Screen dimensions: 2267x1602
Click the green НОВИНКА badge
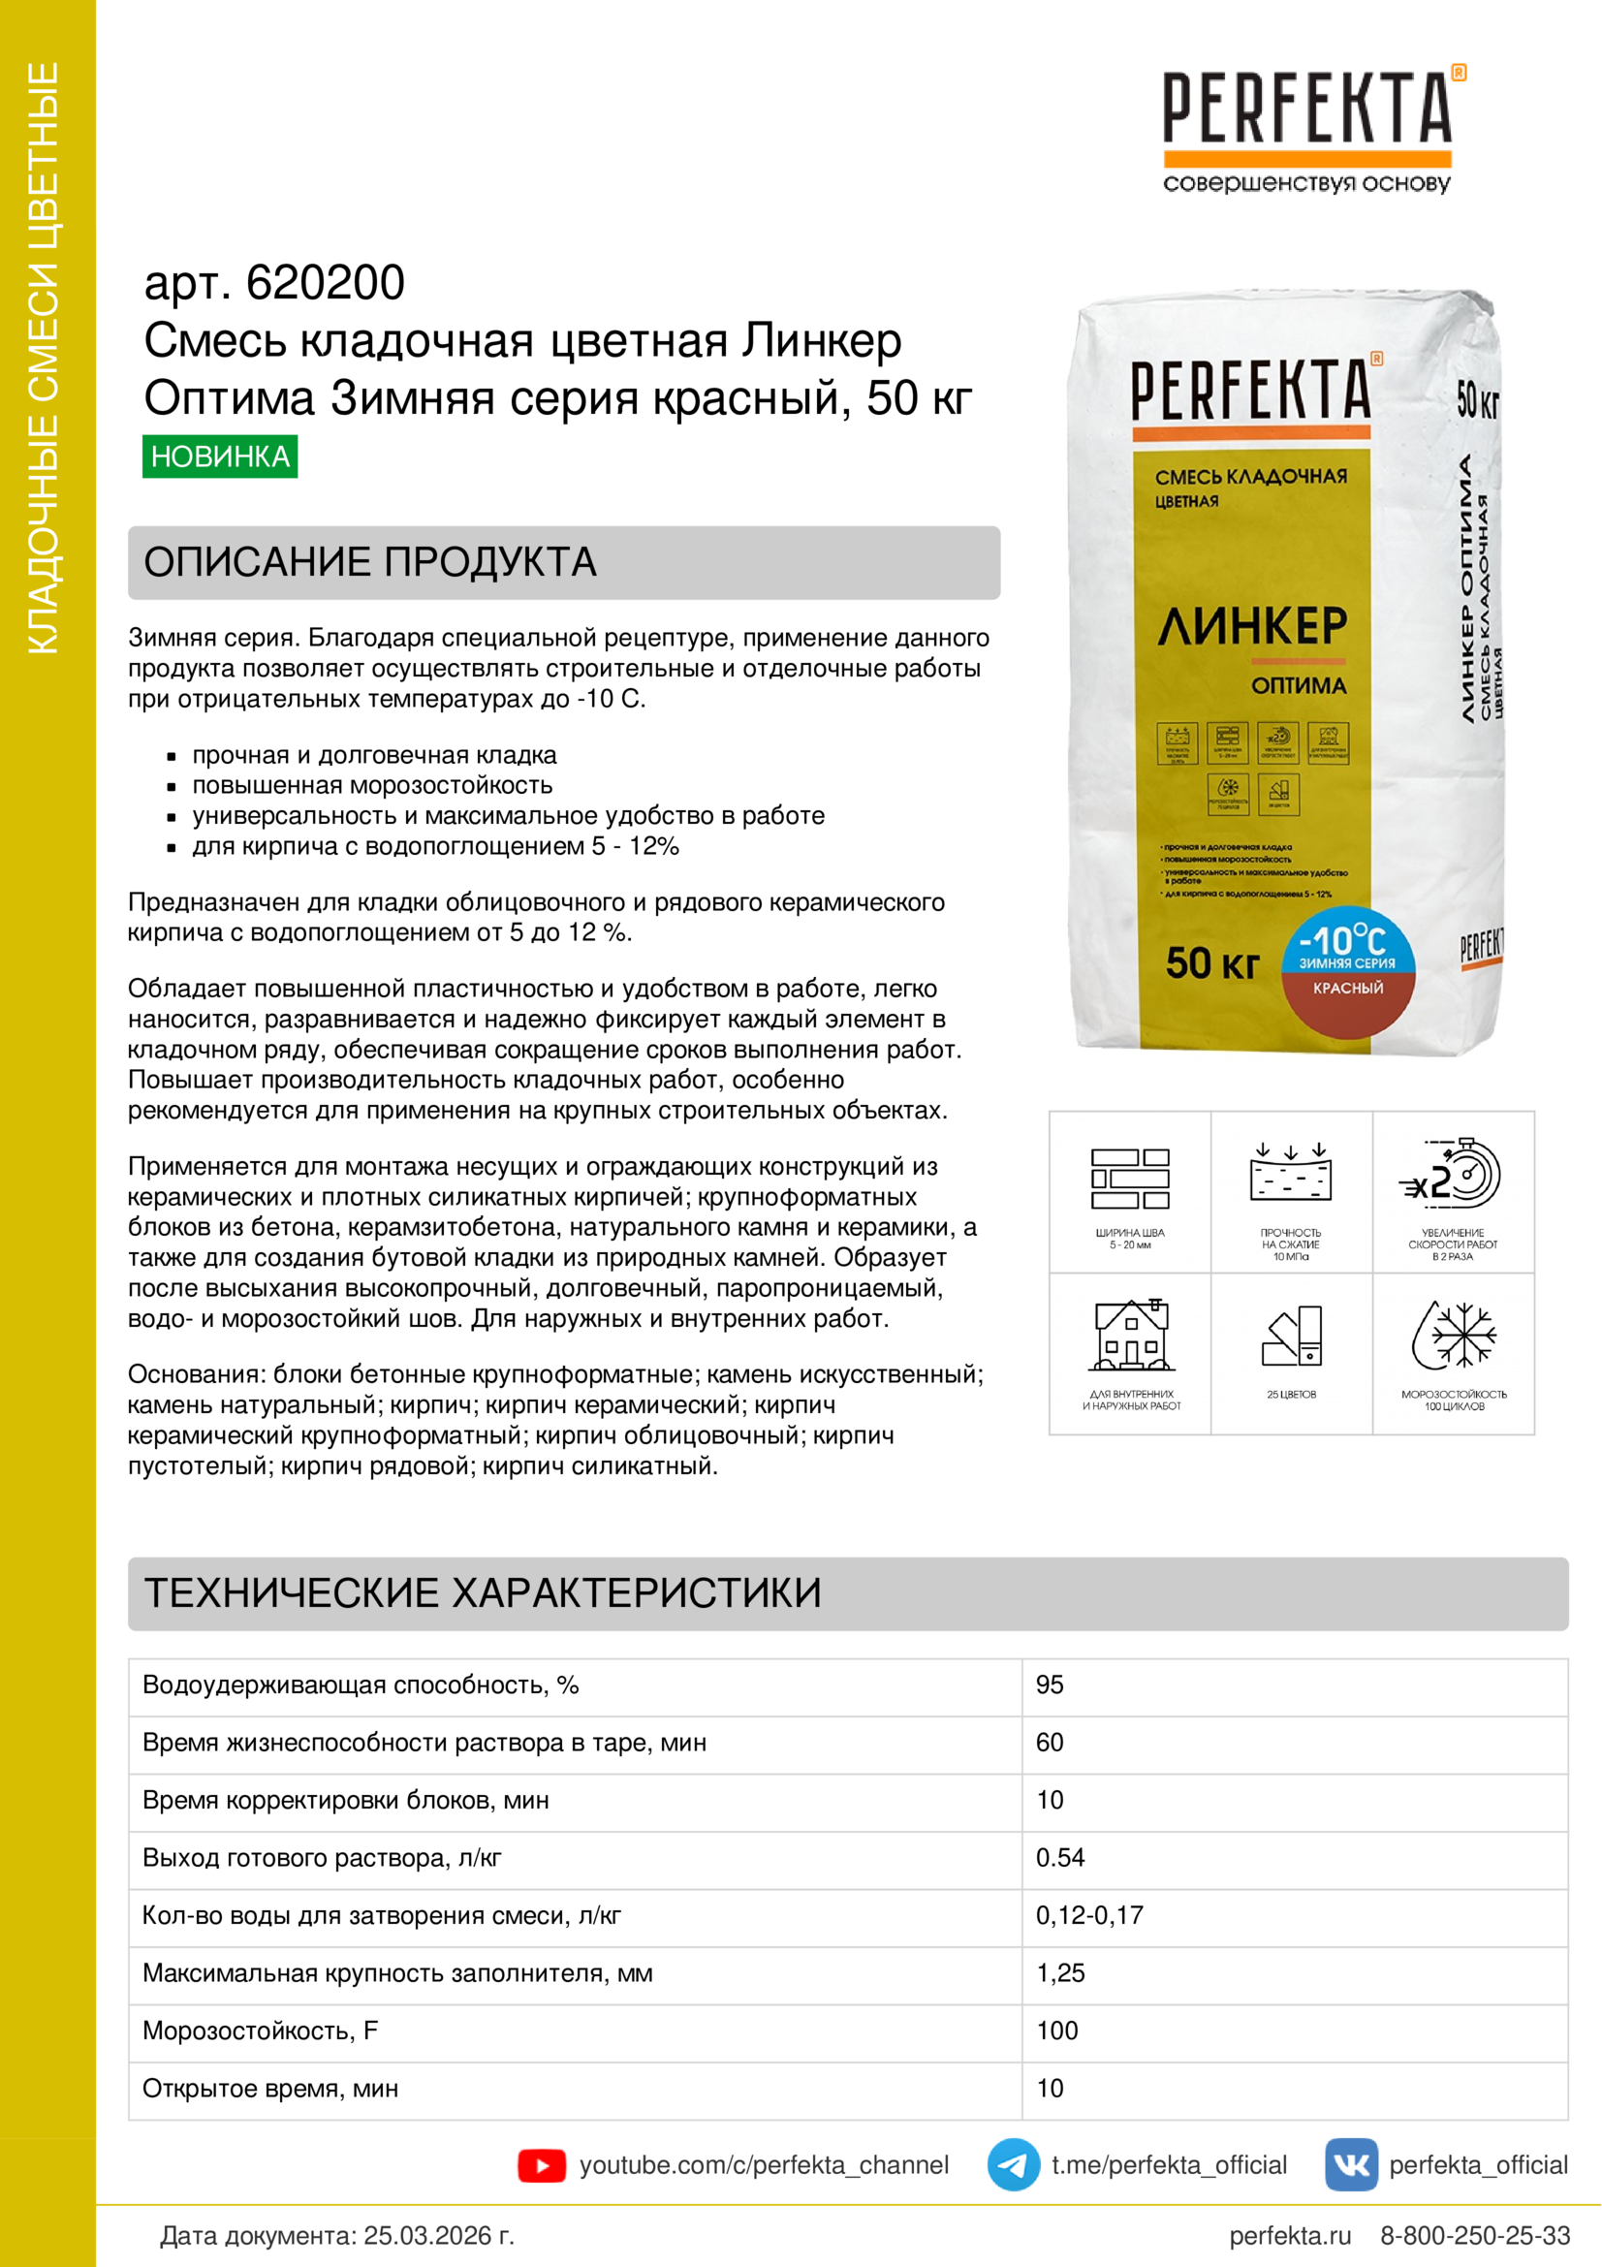[220, 457]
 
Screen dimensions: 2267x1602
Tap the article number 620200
[325, 283]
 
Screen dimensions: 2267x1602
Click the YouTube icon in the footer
[541, 2165]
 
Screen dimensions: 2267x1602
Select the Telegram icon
[1013, 2165]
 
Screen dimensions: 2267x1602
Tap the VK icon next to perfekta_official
[1350, 2165]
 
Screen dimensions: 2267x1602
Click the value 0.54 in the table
[1060, 1857]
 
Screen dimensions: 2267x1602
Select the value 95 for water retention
[1050, 1685]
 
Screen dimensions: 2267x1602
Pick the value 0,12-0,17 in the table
[1088, 1915]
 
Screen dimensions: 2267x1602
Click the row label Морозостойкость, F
[261, 2031]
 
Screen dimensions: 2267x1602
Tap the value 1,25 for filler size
[1060, 1972]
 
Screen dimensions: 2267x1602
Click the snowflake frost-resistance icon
[1453, 1335]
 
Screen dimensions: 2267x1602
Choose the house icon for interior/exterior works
[1131, 1336]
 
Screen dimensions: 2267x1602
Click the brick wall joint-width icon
[1130, 1178]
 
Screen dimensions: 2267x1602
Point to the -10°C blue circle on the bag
[1347, 943]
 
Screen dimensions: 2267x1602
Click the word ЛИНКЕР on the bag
[1251, 626]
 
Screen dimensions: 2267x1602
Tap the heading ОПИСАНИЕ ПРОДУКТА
[370, 563]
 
